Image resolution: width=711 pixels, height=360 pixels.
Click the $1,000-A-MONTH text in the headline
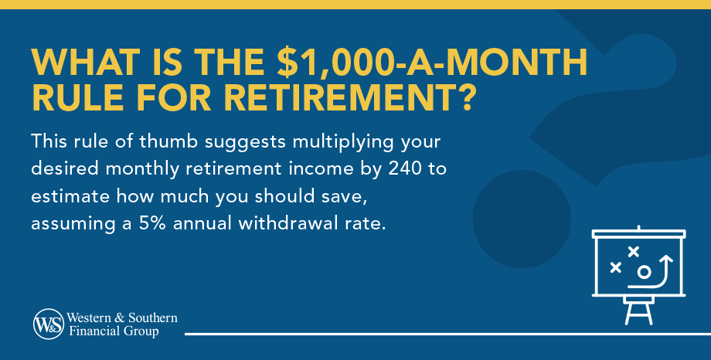coord(433,62)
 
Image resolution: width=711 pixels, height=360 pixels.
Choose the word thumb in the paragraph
coord(168,141)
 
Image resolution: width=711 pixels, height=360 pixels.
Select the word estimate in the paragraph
coord(70,196)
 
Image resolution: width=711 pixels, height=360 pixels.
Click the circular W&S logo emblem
coord(49,324)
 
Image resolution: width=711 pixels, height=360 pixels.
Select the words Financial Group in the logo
coord(114,331)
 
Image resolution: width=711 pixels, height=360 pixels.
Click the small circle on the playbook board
coord(644,272)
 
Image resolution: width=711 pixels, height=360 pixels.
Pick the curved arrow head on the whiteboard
coord(665,260)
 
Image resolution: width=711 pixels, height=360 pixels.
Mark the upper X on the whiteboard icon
coord(634,251)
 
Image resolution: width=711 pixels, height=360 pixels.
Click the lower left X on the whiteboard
coord(615,267)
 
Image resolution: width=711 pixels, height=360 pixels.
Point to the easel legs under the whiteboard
coord(639,314)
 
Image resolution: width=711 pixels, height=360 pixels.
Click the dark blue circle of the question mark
coord(522,219)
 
